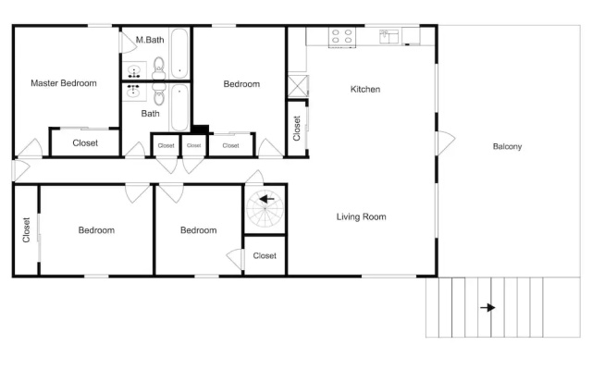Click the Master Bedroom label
(x=64, y=83)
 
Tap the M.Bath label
(x=150, y=40)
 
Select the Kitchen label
(x=365, y=90)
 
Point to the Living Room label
(x=362, y=216)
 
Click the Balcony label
(x=508, y=146)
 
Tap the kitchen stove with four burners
(x=342, y=37)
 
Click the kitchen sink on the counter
(x=388, y=37)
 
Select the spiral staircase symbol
(x=265, y=209)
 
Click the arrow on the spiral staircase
(x=266, y=199)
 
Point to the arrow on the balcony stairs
(x=487, y=308)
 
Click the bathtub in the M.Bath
(x=179, y=54)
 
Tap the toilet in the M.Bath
(x=159, y=68)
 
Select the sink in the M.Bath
(x=134, y=70)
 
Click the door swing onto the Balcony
(x=446, y=143)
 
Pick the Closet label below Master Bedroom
(x=85, y=143)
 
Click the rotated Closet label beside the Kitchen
(x=297, y=129)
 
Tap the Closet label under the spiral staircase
(x=265, y=256)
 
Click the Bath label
(x=150, y=114)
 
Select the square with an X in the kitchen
(x=298, y=86)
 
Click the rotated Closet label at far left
(x=26, y=230)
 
